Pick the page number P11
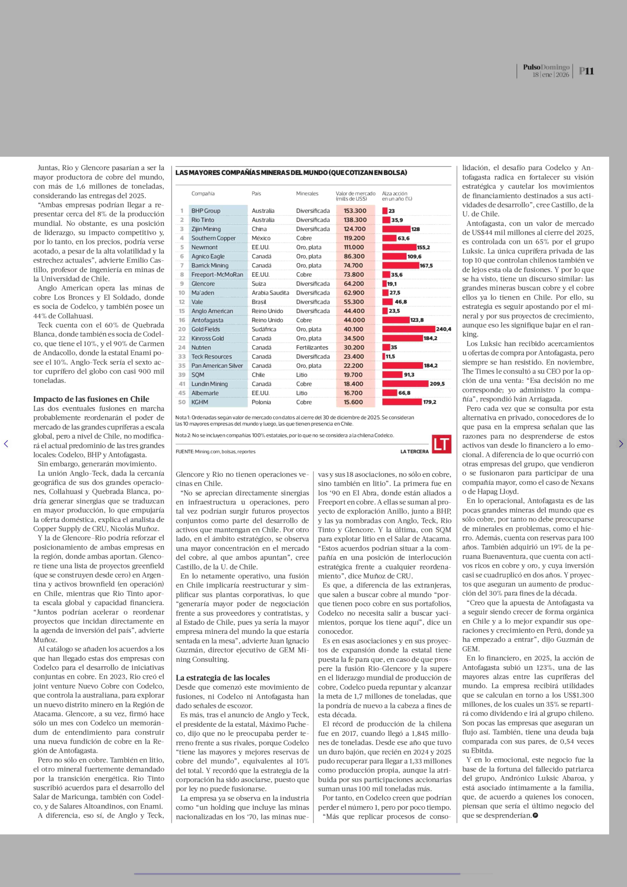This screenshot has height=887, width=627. [x=586, y=71]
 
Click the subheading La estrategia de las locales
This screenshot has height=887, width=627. [x=223, y=678]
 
